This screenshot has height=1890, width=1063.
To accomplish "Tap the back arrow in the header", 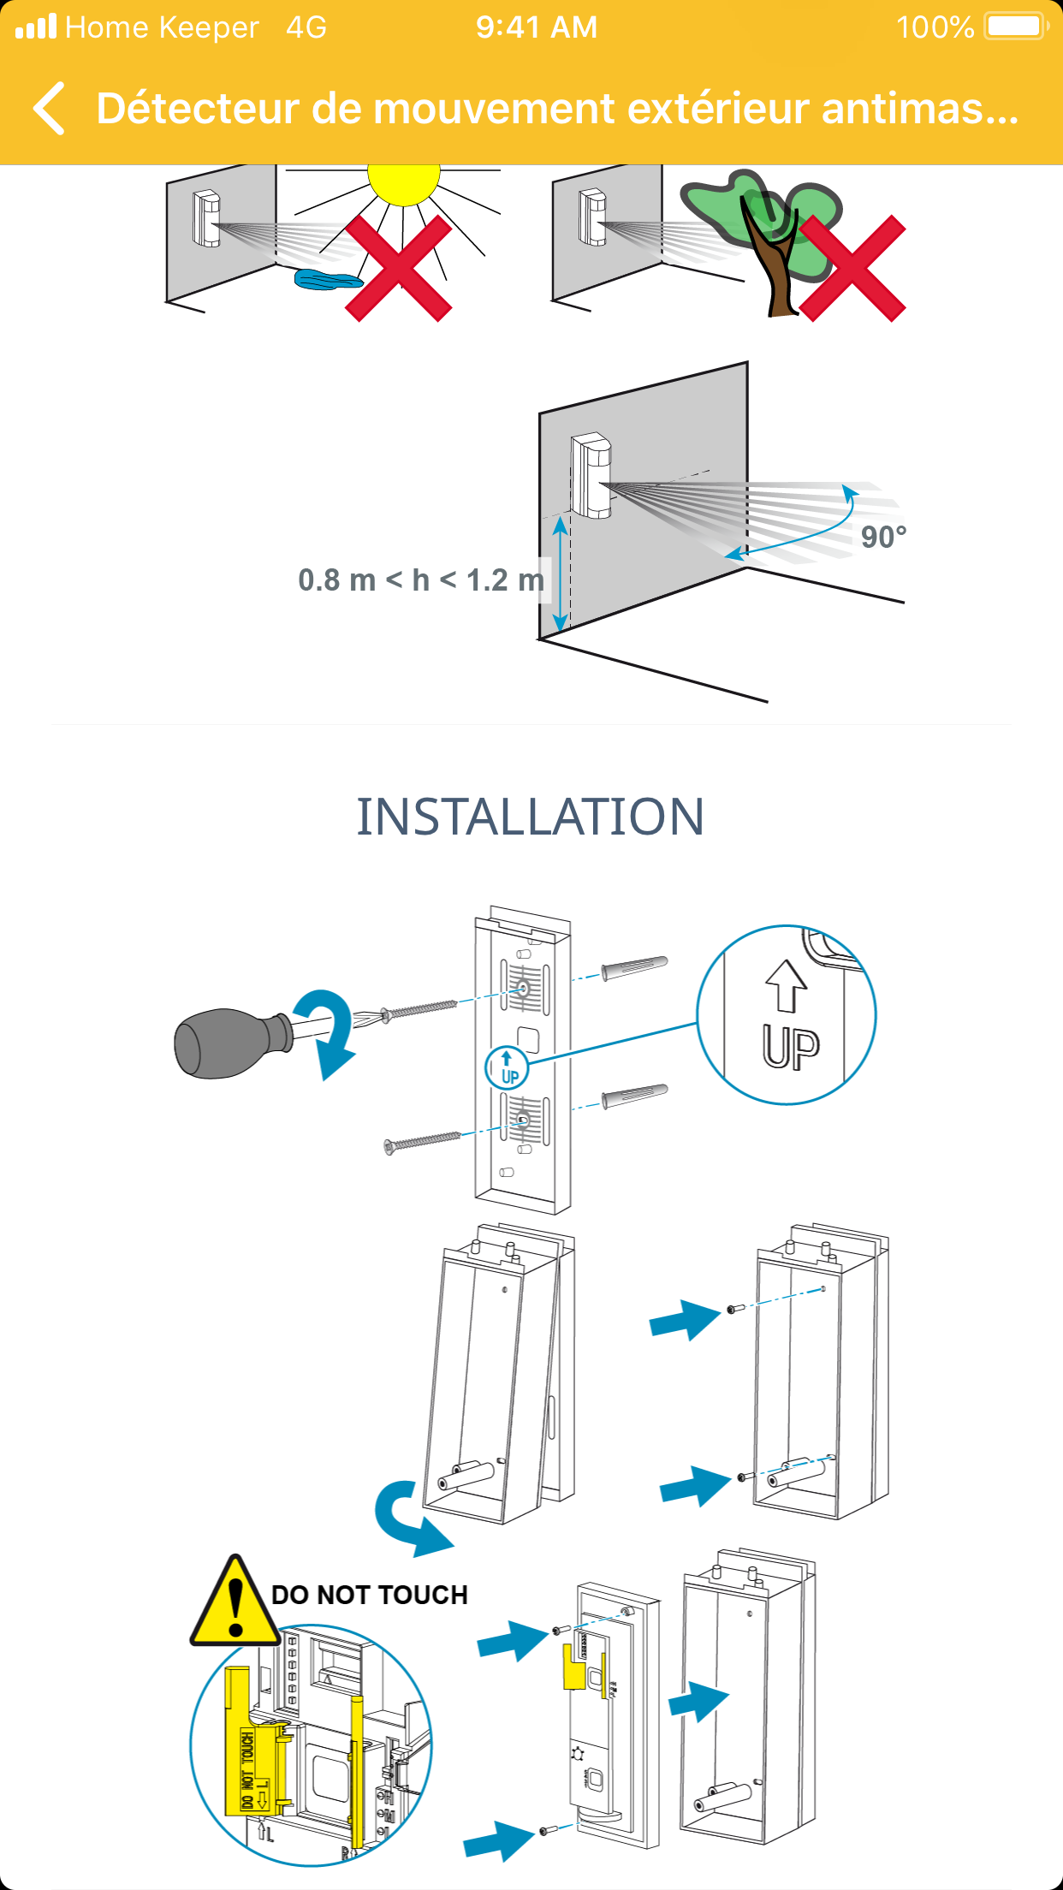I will tap(50, 109).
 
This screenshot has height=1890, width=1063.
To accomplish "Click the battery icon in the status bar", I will tap(1016, 27).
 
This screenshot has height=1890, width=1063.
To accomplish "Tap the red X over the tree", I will tap(852, 268).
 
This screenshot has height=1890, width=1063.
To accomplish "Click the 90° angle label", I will tap(882, 538).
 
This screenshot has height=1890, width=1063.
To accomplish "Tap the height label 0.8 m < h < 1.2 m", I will tap(420, 580).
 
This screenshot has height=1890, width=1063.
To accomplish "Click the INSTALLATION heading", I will tap(531, 817).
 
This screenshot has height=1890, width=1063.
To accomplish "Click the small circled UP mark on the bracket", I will tap(507, 1067).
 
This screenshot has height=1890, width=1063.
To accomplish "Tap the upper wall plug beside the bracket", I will tap(634, 968).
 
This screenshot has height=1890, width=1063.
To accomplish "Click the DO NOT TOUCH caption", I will tap(370, 1595).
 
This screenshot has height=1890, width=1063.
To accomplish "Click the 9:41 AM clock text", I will tap(537, 27).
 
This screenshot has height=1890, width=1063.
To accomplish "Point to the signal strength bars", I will tap(37, 27).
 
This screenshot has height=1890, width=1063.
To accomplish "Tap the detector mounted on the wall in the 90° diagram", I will tap(591, 476).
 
